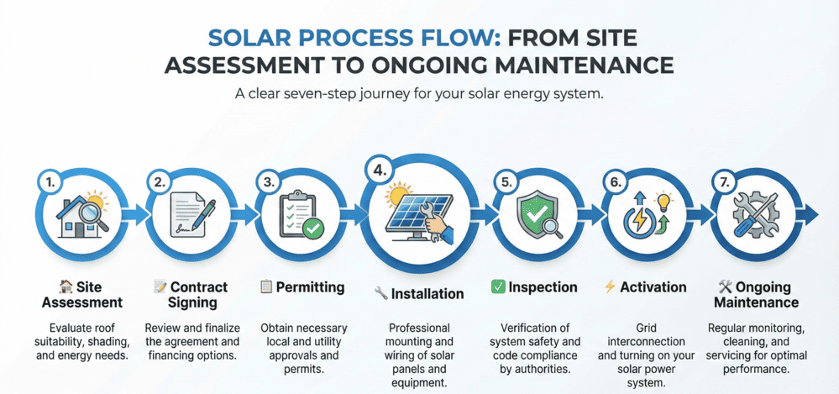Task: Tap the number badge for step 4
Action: tap(380, 171)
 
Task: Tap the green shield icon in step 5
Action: tap(535, 214)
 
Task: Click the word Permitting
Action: tap(311, 287)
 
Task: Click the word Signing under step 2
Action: tap(193, 302)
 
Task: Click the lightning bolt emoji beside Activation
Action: tap(610, 287)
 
